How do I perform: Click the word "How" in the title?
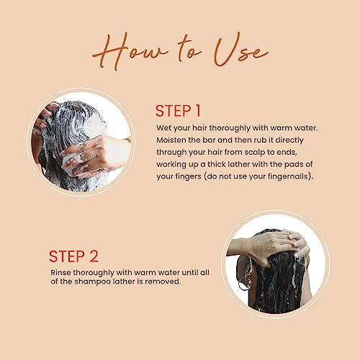coord(130,52)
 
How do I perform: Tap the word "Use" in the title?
coord(240,50)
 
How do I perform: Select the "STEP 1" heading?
coord(178,111)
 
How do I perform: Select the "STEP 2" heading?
coord(73,256)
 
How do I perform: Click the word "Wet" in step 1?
coord(163,127)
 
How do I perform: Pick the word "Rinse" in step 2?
coord(60,273)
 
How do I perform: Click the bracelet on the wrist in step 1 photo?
coord(127,140)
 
